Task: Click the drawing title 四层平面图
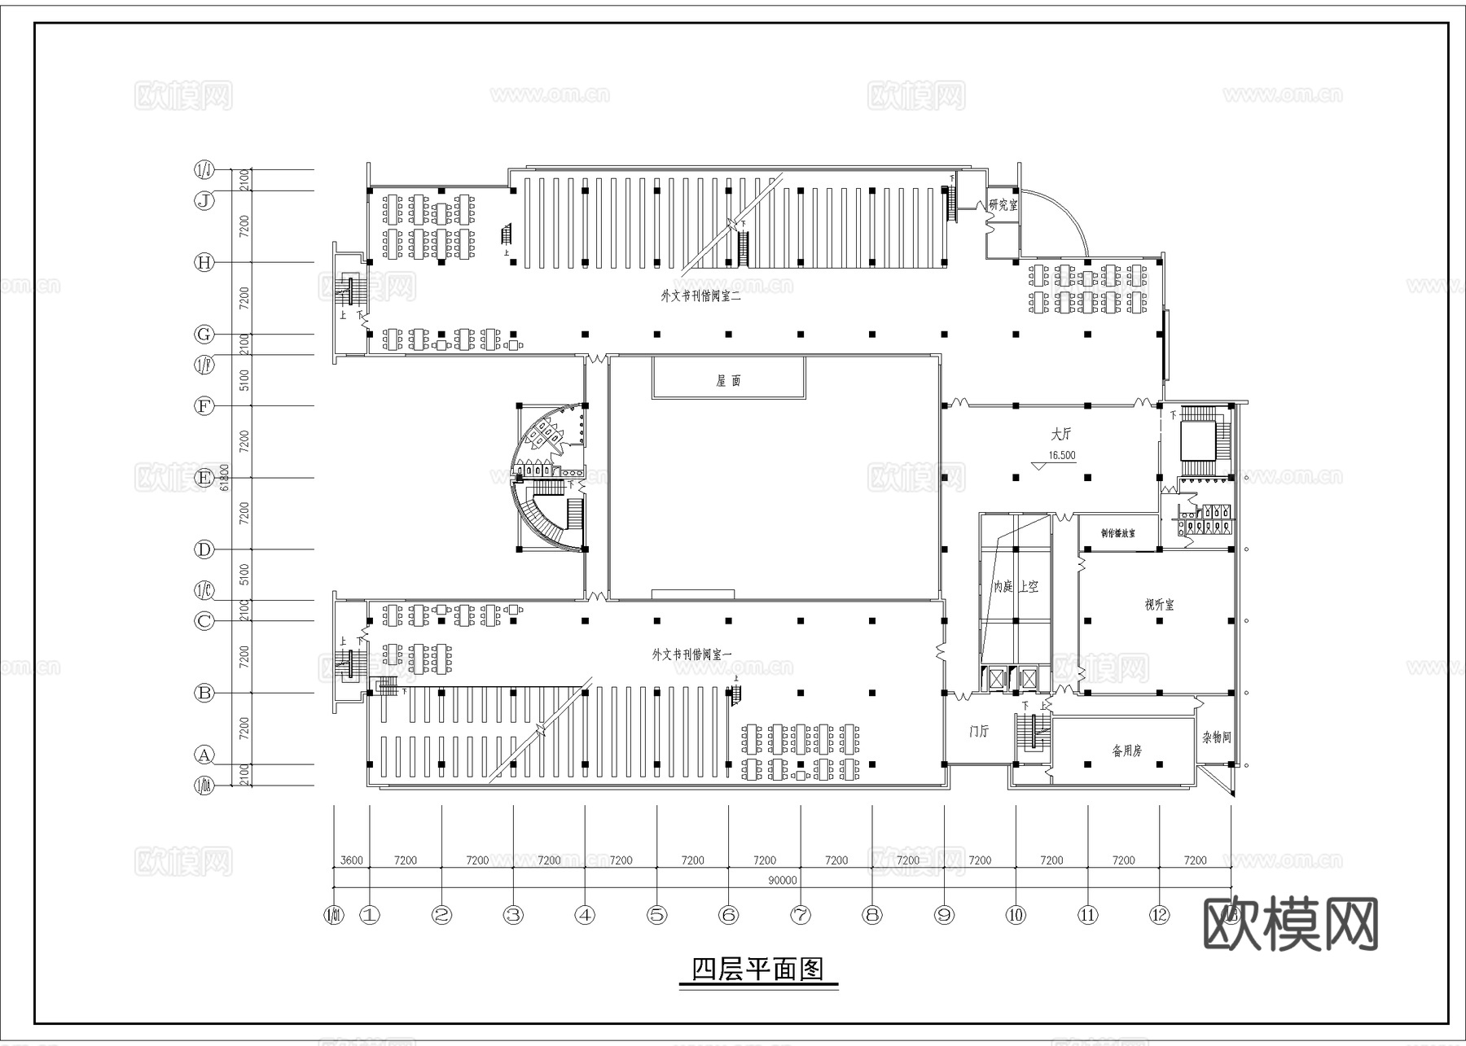point(757,969)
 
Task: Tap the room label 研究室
point(1003,205)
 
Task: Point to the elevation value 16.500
point(1061,456)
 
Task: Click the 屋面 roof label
point(728,381)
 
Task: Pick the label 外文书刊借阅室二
point(700,296)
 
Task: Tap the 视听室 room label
point(1159,605)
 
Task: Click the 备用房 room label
point(1127,751)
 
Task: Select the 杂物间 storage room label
point(1216,737)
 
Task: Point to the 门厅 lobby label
point(979,732)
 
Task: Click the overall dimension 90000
point(783,880)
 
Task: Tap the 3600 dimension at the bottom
point(351,860)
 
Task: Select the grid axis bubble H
point(204,262)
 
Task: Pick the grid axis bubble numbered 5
point(656,915)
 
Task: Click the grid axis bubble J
point(204,200)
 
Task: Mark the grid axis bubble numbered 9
point(944,915)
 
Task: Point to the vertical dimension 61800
point(225,478)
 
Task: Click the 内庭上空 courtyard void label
point(1015,586)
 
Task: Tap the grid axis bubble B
point(204,693)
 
